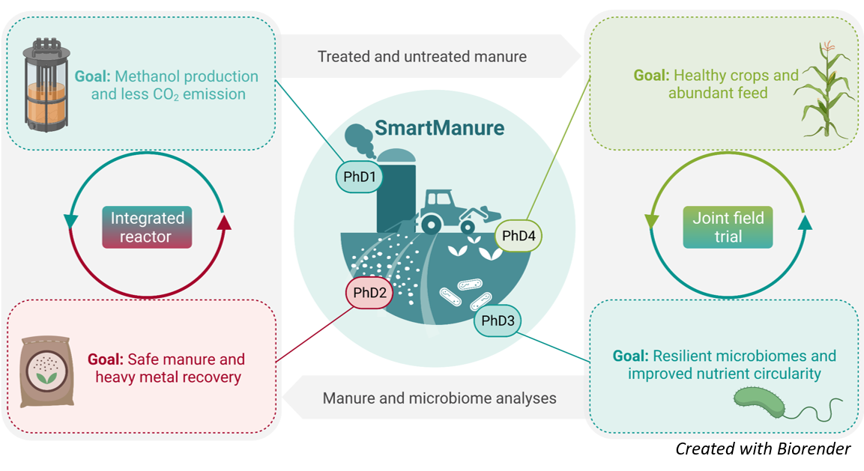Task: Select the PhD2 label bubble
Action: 369,293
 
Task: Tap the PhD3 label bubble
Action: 498,321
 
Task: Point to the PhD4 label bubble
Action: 519,236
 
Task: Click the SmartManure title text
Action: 439,127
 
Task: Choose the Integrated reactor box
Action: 147,228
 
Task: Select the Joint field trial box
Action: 728,228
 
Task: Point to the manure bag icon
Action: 46,370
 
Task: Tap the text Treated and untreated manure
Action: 422,57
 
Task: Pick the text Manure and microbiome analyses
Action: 439,398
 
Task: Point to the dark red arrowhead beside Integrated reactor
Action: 224,222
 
